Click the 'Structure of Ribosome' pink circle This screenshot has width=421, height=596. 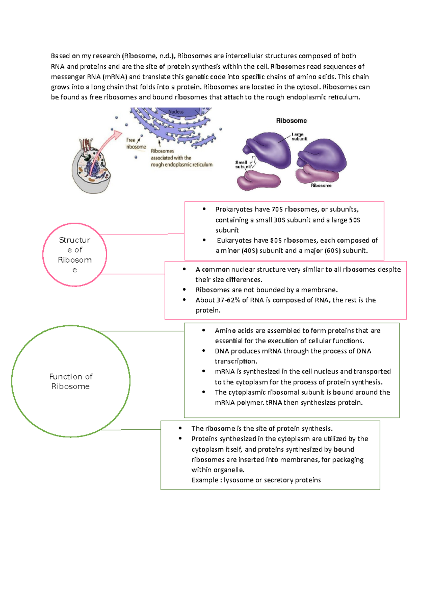pos(74,255)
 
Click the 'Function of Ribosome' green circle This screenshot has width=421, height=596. pos(71,382)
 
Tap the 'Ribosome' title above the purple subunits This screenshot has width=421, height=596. pos(291,121)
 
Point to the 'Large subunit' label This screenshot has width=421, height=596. pos(299,137)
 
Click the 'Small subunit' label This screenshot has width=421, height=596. pos(242,165)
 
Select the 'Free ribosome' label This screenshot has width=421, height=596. pos(135,143)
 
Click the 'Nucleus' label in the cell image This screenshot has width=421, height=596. pos(176,112)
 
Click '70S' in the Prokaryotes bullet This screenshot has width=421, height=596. pos(277,210)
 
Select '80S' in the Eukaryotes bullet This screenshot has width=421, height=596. pos(276,240)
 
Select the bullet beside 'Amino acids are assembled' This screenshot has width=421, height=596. pos(204,330)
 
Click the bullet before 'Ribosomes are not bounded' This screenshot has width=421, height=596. pos(184,290)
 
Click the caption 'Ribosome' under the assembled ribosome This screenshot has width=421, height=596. pos(321,185)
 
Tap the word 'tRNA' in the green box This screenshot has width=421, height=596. pos(274,403)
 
